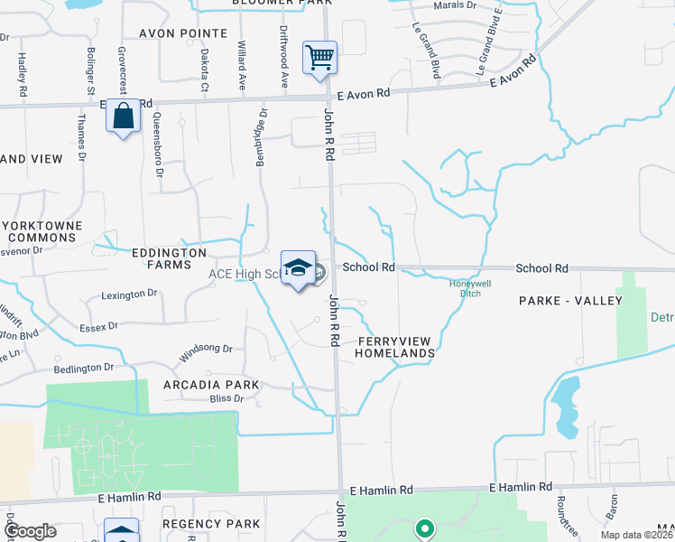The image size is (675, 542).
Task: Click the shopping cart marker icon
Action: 320,58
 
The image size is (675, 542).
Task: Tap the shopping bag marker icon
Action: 123,116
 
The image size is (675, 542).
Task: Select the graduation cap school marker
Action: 298,267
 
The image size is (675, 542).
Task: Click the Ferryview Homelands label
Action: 396,347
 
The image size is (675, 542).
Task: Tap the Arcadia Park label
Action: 211,385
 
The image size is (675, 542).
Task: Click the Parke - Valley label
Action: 570,300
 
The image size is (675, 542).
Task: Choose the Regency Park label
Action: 211,524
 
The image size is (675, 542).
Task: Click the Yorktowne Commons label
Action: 42,231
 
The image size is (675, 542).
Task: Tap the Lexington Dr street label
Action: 129,294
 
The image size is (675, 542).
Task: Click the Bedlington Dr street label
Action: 83,368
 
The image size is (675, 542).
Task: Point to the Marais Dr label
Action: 454,5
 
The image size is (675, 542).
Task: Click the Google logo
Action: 29,531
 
